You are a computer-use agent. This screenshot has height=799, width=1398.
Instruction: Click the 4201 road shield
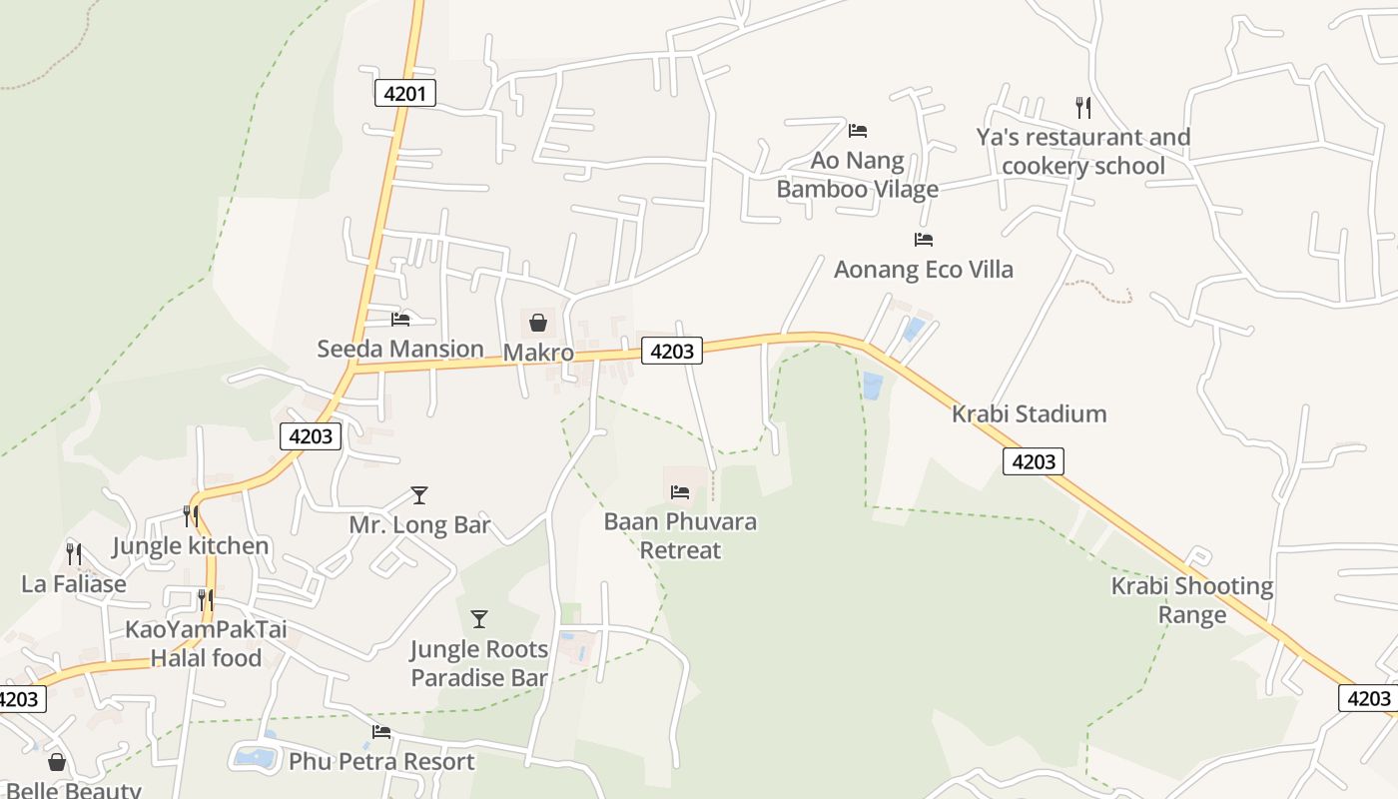coord(405,94)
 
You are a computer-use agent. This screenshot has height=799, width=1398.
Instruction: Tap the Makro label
coord(538,353)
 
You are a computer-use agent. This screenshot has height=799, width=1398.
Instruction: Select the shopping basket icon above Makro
coord(538,322)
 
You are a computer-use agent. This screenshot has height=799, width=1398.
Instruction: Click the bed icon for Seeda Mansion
coord(400,319)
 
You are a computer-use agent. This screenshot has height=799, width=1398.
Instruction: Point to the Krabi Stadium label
coord(1029,413)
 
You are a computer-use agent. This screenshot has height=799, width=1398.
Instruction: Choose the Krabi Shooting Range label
coord(1192,599)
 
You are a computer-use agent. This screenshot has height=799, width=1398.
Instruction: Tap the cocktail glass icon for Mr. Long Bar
coord(419,495)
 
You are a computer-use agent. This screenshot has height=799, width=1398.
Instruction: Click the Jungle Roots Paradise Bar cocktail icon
coord(479,619)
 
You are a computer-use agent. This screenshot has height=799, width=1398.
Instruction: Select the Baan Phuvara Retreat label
coord(680,535)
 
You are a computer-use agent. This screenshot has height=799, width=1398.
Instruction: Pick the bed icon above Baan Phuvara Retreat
coord(680,491)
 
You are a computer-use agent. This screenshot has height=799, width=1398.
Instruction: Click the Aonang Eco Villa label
coord(923,269)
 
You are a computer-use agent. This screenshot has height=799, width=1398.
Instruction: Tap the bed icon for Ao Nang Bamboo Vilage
coord(858,130)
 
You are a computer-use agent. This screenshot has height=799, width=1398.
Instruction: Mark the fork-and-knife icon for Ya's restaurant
coord(1082,107)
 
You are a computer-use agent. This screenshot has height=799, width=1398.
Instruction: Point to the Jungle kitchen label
coord(190,546)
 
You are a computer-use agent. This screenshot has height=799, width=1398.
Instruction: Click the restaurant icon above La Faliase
coord(74,553)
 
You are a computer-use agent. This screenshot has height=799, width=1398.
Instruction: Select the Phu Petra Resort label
coord(381,762)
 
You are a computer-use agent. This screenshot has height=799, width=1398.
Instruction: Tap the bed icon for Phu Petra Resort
coord(381,732)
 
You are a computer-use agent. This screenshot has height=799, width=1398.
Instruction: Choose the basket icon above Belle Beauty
coord(57,762)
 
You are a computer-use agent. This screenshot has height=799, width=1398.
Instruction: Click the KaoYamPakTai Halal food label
coord(206,644)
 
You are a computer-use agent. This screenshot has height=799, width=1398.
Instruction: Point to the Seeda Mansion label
coord(399,349)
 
